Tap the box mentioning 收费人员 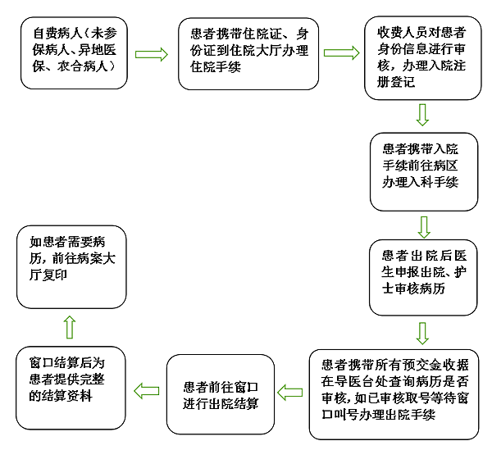pyautogui.click(x=422, y=57)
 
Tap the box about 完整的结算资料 pyautogui.click(x=71, y=385)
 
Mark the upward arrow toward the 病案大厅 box pyautogui.click(x=70, y=327)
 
